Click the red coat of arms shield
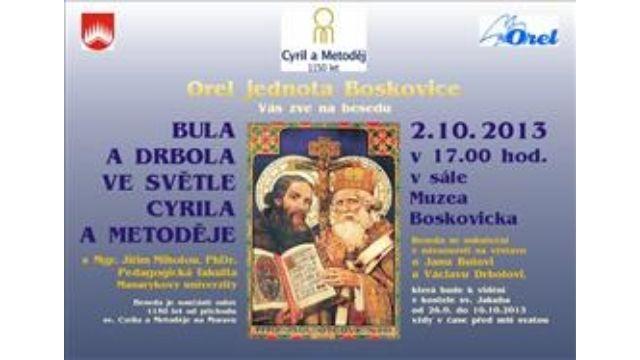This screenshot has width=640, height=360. tap(97, 34)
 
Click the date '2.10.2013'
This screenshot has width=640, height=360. tap(478, 131)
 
